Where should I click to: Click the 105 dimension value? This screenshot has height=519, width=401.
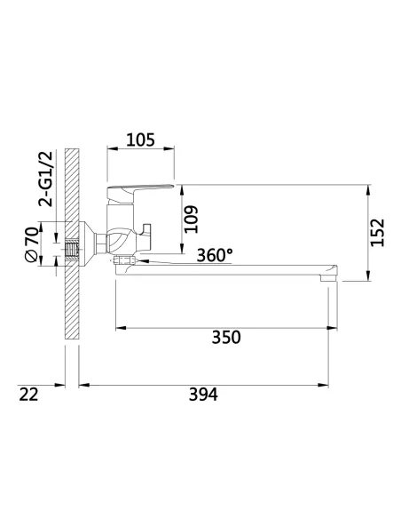click(141, 140)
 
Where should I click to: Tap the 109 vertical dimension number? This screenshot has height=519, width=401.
click(191, 220)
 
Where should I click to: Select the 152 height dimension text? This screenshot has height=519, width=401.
click(378, 232)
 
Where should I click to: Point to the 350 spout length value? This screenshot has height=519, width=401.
click(226, 338)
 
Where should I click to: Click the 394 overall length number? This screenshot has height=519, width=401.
click(203, 395)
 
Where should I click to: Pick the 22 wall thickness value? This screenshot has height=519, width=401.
click(28, 395)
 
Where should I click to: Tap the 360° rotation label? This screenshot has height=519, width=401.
click(215, 255)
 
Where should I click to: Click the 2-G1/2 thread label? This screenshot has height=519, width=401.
click(45, 179)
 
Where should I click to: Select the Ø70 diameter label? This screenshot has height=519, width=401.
click(32, 244)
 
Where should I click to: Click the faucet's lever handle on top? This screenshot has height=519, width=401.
click(138, 194)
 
